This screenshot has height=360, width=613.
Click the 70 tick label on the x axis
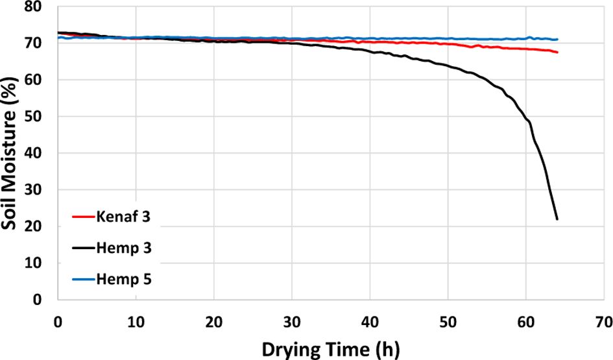click(603, 321)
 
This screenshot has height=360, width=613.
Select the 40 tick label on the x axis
click(370, 321)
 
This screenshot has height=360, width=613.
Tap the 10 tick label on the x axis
click(136, 321)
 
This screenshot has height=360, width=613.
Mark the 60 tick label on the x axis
click(525, 321)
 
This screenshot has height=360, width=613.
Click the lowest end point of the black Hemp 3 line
click(557, 219)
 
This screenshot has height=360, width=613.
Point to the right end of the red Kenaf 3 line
click(557, 52)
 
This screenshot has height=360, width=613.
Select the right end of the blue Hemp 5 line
click(557, 40)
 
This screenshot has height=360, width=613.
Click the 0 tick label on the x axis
click(58, 321)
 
